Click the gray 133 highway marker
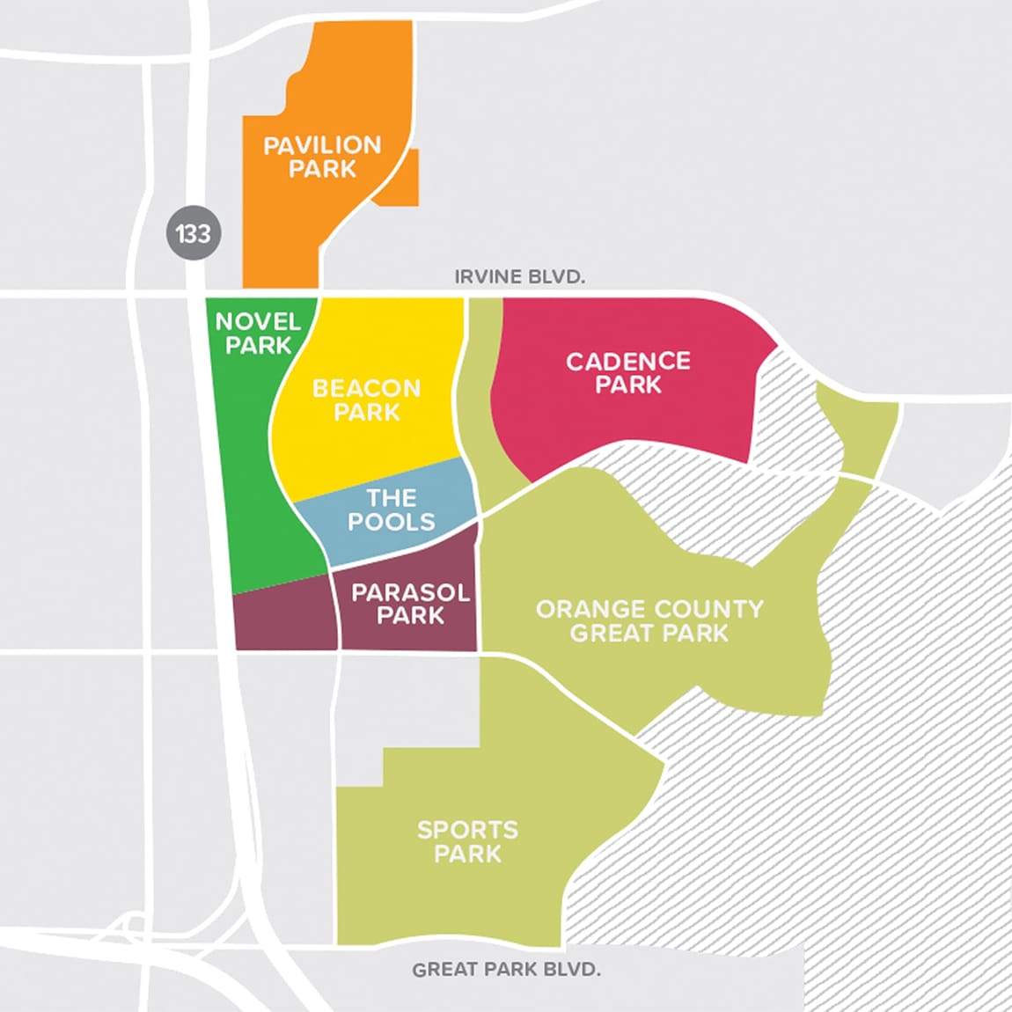(x=194, y=234)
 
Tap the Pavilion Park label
(x=322, y=157)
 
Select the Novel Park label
(x=258, y=334)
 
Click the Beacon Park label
(x=367, y=400)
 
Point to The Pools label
(x=391, y=510)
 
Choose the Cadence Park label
(x=627, y=372)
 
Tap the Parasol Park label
(x=410, y=604)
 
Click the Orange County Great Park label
(x=649, y=620)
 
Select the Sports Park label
(x=467, y=841)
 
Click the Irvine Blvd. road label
(x=519, y=277)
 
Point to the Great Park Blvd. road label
(x=506, y=970)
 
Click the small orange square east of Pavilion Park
(x=400, y=180)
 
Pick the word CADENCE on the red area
(x=627, y=361)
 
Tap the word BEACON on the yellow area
(x=367, y=388)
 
